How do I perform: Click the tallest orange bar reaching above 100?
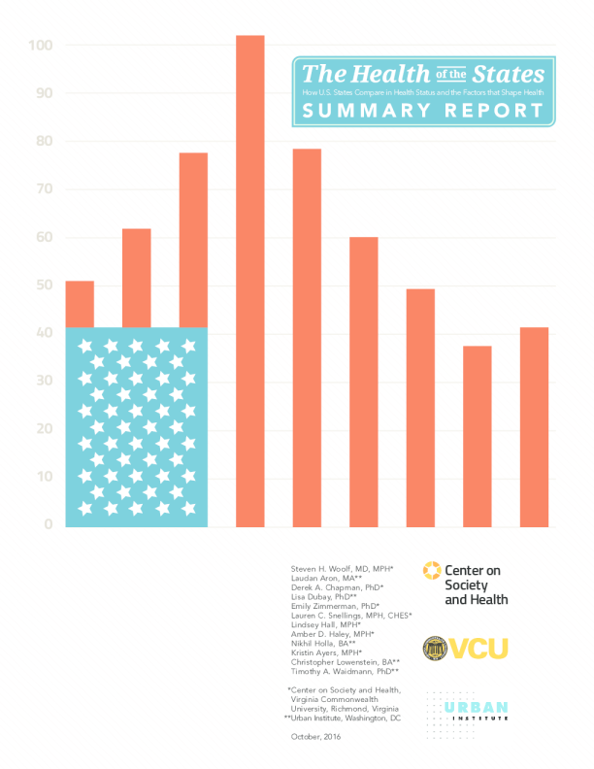pyautogui.click(x=249, y=282)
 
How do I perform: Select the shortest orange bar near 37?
pyautogui.click(x=477, y=436)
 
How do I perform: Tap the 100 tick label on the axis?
pyautogui.click(x=41, y=46)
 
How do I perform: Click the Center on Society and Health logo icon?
pyautogui.click(x=428, y=572)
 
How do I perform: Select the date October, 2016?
pyautogui.click(x=315, y=737)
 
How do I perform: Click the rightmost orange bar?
pyautogui.click(x=534, y=427)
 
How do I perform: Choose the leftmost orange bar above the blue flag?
pyautogui.click(x=80, y=304)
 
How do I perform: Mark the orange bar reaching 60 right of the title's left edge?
pyautogui.click(x=363, y=382)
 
